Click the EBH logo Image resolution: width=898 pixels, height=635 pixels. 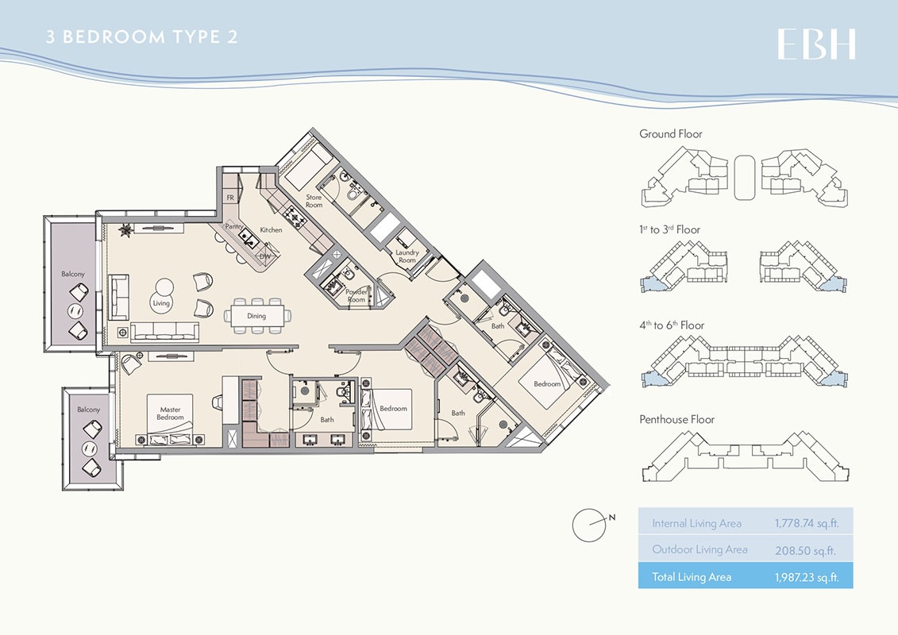coord(816,44)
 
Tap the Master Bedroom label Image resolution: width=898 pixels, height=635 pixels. coord(170,414)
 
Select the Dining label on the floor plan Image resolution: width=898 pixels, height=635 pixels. coord(256,316)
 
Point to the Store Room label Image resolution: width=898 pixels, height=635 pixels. coord(314,201)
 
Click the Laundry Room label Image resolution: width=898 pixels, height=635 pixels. coord(407,256)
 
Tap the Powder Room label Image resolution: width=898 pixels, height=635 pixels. coord(357,296)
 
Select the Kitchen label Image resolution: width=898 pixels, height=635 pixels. coord(271,230)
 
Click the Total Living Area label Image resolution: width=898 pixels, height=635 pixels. coord(692,577)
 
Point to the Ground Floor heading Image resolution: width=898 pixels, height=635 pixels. coord(671,134)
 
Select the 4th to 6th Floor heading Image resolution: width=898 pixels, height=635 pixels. coord(672,325)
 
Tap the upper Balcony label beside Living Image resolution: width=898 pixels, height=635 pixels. coord(73,274)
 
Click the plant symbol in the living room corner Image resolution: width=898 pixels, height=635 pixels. coord(125,231)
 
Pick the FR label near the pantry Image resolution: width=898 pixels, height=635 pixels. coord(229,197)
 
